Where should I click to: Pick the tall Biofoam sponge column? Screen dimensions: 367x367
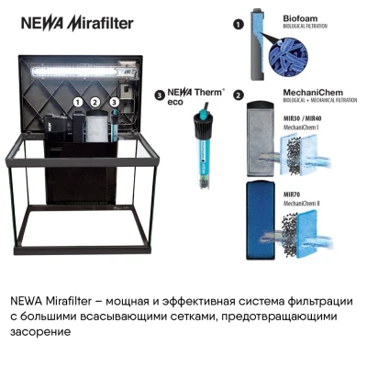[x=256, y=46]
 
